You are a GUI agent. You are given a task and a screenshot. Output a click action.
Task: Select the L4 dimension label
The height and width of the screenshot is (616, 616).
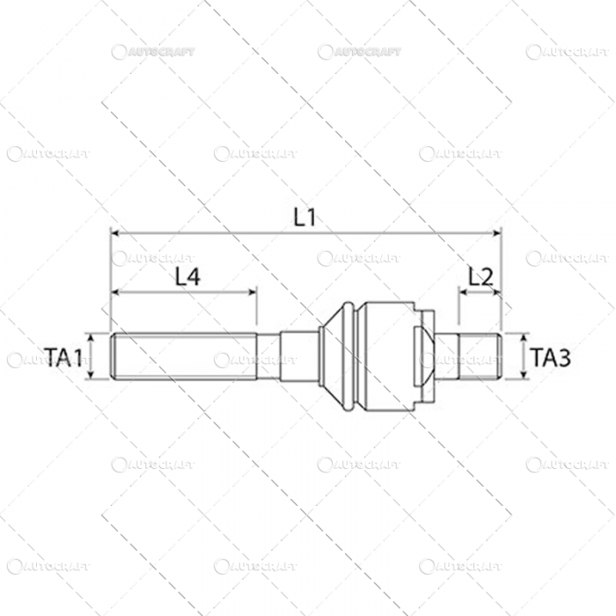pos(187,276)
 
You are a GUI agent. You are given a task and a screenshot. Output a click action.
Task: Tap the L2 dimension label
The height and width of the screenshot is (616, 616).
pos(480,276)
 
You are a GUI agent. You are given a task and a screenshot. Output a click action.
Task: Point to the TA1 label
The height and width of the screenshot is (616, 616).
pos(64,356)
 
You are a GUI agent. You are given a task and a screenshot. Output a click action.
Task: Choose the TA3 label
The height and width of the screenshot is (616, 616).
pos(551,356)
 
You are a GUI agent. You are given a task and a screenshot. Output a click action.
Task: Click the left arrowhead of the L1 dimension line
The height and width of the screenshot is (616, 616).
pos(114,233)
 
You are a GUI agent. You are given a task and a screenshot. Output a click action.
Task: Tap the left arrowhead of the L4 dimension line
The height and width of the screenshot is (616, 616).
pos(115,291)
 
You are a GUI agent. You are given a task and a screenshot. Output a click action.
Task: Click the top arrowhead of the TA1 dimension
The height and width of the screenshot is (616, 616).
pos(91,336)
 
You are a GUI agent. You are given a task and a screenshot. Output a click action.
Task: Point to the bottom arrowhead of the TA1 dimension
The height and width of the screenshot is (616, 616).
pos(91,377)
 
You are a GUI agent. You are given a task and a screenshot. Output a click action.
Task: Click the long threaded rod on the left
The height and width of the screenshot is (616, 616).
pos(185,356)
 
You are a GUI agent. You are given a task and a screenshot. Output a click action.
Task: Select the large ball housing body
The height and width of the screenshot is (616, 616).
pos(387,356)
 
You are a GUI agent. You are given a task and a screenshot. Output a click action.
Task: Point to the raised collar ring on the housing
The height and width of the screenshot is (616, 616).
pos(353,356)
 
